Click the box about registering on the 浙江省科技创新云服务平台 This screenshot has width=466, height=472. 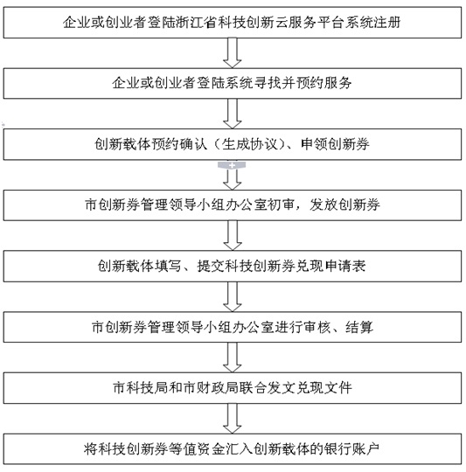[x=233, y=23]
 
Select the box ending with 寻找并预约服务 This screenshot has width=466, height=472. [x=233, y=83]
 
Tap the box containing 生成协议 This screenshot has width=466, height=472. [x=233, y=144]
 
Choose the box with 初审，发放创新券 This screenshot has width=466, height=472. [x=233, y=205]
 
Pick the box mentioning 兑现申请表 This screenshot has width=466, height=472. [x=233, y=266]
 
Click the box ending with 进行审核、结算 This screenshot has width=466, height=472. [x=233, y=327]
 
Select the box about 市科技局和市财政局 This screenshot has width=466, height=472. [x=233, y=388]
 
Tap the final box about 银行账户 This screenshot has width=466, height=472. [x=233, y=448]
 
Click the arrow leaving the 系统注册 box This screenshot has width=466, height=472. [x=232, y=53]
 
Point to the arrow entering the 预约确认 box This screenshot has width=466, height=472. [x=232, y=114]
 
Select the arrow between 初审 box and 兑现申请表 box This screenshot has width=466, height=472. [x=232, y=236]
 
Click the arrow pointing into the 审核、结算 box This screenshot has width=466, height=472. [x=232, y=297]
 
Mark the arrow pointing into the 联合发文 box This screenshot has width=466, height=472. [x=232, y=357]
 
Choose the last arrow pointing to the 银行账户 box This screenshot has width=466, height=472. [x=232, y=419]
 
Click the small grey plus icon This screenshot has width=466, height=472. [x=232, y=165]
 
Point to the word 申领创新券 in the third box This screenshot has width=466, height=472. [x=335, y=144]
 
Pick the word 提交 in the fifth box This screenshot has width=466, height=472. [x=212, y=266]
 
